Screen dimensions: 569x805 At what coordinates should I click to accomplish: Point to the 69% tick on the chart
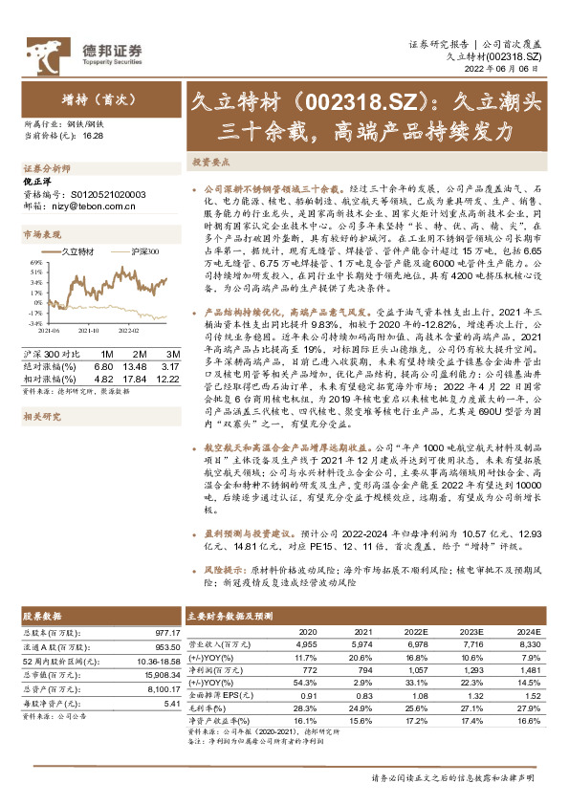pyautogui.click(x=34, y=261)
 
